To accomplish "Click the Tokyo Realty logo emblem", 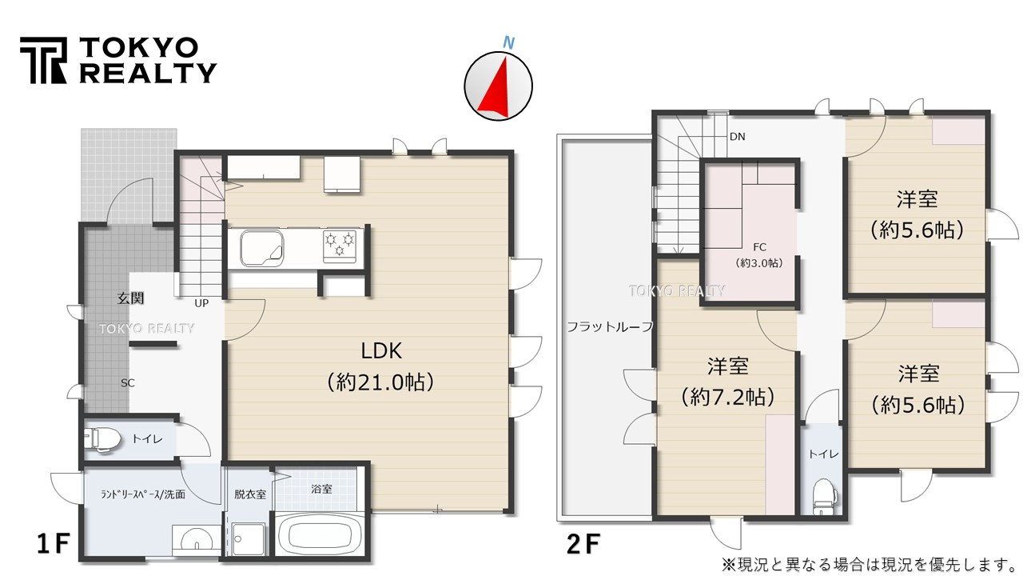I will pos(43,60).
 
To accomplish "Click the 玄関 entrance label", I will pos(131,298).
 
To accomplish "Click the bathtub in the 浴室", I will pos(321,534).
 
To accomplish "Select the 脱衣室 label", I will pos(249,494).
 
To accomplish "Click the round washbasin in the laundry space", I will pos(195,542).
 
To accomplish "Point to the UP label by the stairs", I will pos(201,304).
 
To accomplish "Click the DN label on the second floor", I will pos(737,137).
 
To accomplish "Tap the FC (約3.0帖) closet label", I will pos(758,255).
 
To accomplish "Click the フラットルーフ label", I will pos(610,326).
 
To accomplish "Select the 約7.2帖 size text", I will pos(727,396).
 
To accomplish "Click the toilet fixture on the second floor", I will pos(822,495).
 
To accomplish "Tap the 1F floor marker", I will pos(54,545).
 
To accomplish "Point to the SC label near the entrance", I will pos(128,382).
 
